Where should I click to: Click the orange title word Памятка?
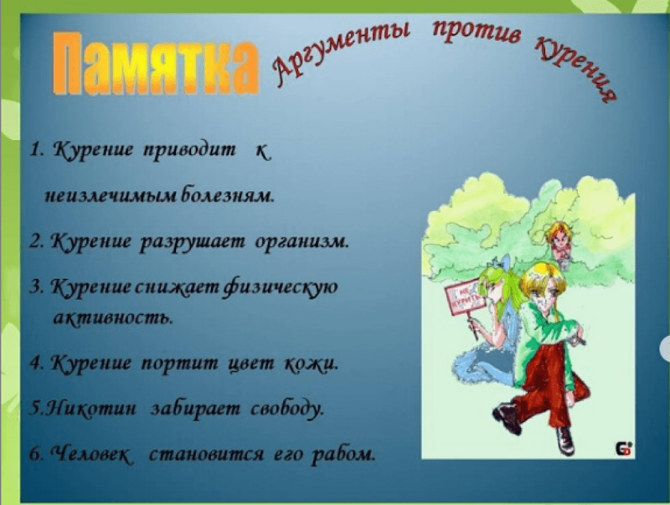156,63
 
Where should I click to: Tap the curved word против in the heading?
477,31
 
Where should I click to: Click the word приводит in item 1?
189,151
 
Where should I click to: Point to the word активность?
113,318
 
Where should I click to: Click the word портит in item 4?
179,364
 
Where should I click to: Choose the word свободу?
287,408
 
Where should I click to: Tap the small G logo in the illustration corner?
623,449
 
